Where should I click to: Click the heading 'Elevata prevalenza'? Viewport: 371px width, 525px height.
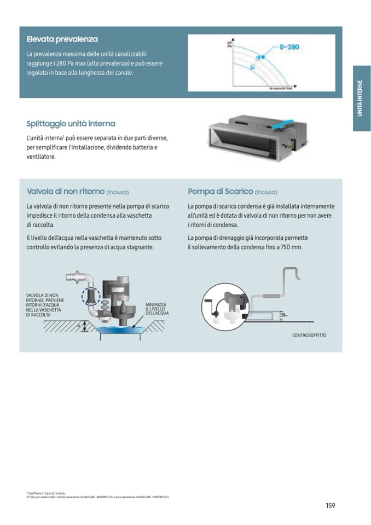[62, 39]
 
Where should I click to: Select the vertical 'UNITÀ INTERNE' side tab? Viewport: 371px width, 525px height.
[361, 98]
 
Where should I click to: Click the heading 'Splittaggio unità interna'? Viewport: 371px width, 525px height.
[71, 124]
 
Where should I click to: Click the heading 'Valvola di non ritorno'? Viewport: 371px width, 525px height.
[65, 192]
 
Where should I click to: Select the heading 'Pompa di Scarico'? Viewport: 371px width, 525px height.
[220, 192]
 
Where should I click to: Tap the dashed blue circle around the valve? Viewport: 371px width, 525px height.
[90, 296]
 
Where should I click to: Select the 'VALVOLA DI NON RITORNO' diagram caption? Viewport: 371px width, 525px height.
[45, 305]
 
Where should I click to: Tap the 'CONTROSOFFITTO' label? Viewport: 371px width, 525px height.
[309, 335]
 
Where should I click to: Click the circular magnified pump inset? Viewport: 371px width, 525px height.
[222, 304]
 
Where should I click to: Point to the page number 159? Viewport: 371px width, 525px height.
[330, 505]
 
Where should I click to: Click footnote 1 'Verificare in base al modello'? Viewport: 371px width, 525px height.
[46, 493]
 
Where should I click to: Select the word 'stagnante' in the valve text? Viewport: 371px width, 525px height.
[137, 247]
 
